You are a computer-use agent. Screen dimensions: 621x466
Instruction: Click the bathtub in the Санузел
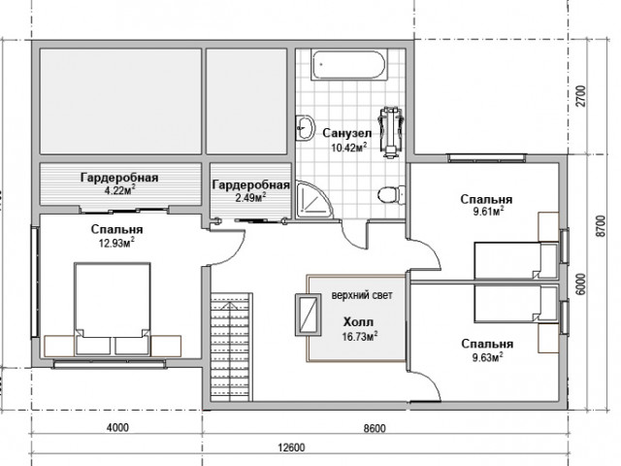(x=348, y=65)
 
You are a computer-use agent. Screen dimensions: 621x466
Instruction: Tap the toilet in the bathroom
(x=390, y=195)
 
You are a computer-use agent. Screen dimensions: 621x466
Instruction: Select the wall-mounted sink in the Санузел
(x=304, y=127)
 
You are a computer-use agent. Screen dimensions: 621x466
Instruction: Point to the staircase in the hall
(x=231, y=347)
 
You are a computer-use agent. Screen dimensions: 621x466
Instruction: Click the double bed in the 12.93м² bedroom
(x=113, y=309)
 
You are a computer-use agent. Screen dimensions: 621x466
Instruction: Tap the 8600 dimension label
(x=375, y=428)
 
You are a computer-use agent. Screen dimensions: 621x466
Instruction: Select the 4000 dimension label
(x=117, y=428)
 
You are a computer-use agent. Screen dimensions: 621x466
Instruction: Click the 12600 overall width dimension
(x=291, y=448)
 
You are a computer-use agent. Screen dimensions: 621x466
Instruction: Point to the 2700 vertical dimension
(x=580, y=96)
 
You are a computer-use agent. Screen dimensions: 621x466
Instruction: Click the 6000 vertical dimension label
(x=580, y=284)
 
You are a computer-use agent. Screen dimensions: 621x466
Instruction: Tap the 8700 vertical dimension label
(x=601, y=226)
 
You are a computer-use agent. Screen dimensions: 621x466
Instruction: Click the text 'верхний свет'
(x=362, y=295)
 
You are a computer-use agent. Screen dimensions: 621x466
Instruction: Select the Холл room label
(x=358, y=321)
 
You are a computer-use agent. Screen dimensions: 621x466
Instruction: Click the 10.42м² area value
(x=348, y=148)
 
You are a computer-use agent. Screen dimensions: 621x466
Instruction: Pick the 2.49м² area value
(x=250, y=197)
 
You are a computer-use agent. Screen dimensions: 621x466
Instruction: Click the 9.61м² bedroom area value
(x=487, y=212)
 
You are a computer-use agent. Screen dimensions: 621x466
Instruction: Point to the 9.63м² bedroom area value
(x=487, y=357)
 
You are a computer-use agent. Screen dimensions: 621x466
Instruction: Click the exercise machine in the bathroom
(x=391, y=132)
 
